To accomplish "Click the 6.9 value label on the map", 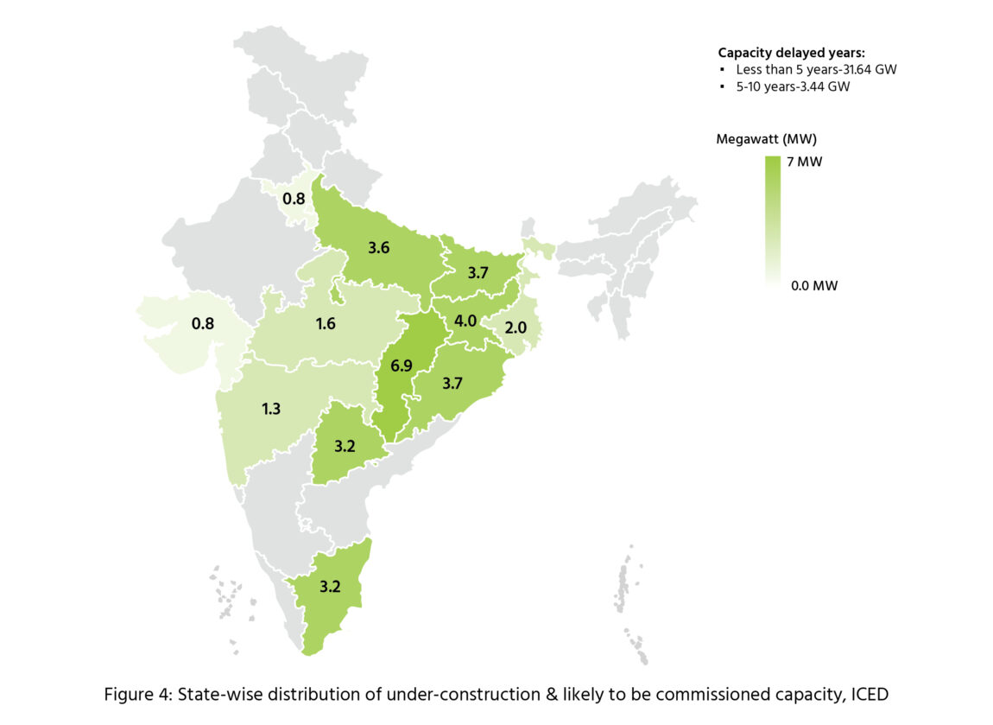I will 401,366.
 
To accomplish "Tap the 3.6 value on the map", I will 379,248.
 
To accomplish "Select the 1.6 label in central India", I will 325,324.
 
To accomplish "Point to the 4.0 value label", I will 465,321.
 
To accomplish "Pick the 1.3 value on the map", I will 271,408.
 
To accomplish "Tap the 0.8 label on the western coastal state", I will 203,325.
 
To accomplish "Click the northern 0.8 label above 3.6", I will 294,199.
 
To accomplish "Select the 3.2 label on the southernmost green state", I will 330,586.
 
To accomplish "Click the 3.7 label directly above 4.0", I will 478,273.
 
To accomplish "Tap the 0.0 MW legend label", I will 814,285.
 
